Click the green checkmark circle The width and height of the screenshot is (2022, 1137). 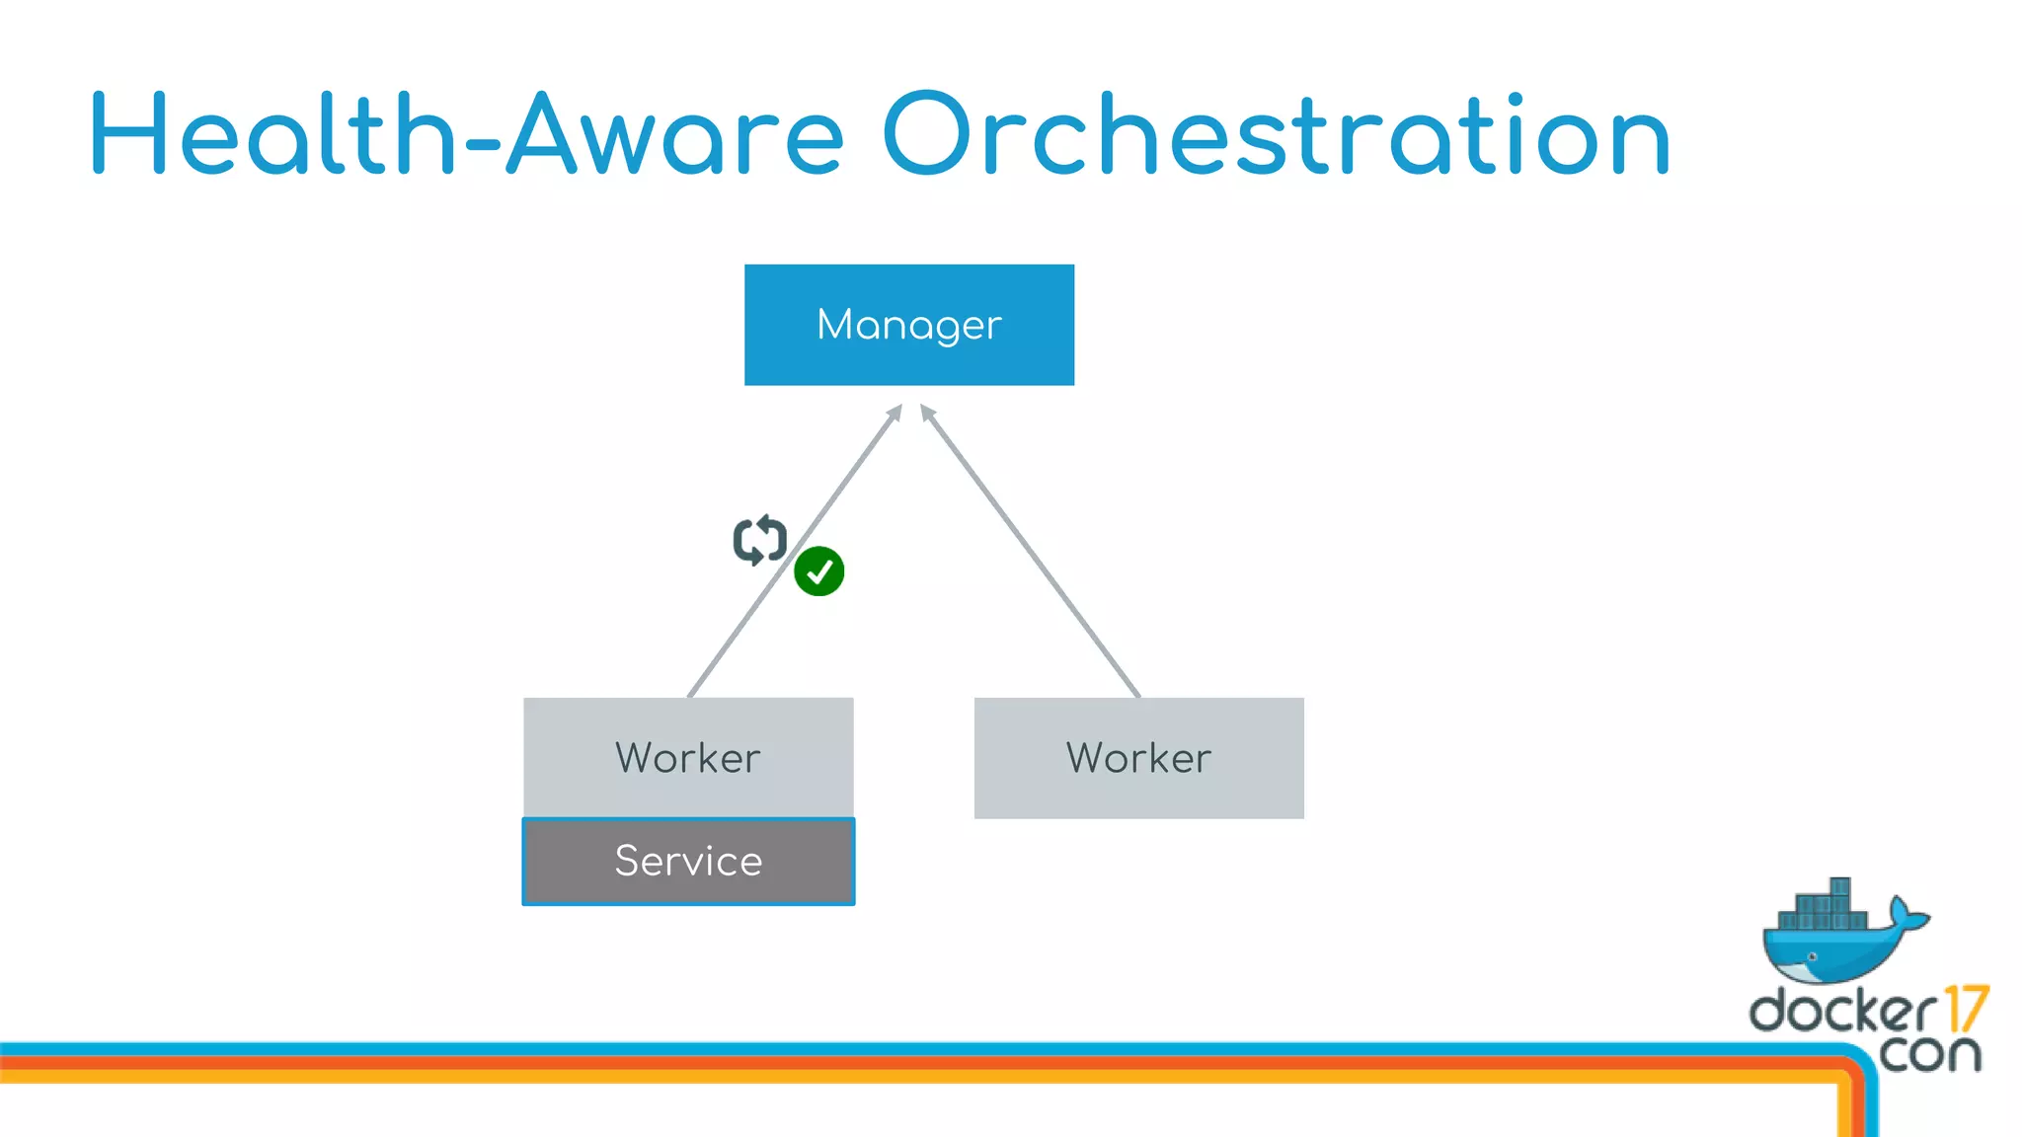[x=818, y=571]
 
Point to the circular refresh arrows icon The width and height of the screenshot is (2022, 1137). [x=759, y=540]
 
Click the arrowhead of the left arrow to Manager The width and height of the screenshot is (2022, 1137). [x=895, y=412]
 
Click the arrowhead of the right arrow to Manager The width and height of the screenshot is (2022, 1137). [x=926, y=412]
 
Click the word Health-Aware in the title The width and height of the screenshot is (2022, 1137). [x=464, y=135]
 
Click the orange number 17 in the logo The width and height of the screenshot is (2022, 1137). [x=1965, y=1009]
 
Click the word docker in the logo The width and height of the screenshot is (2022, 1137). [x=1842, y=1012]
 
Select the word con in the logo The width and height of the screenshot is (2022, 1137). [x=1929, y=1053]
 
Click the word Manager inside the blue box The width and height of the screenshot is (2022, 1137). [x=908, y=325]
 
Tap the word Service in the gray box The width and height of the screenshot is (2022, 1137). [x=688, y=861]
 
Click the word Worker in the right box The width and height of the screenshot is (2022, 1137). [x=1138, y=758]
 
